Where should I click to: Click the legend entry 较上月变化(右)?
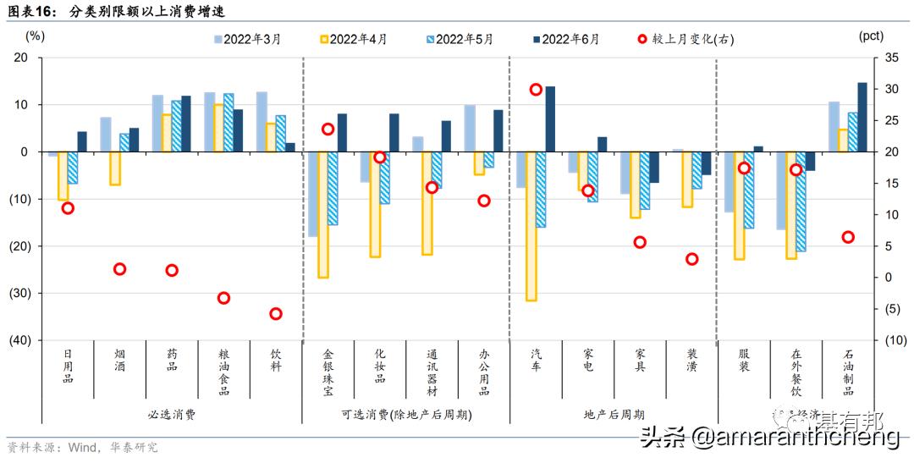tap(686, 39)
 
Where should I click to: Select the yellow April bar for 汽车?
tap(531, 226)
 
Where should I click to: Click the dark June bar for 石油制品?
tap(862, 117)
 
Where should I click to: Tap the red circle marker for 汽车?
tap(536, 90)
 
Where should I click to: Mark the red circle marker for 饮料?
tap(276, 313)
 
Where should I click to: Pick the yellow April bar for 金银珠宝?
tap(322, 214)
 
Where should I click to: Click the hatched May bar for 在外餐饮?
tap(801, 201)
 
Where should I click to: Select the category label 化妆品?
tap(380, 366)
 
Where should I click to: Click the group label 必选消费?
tap(171, 415)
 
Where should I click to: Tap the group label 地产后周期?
tap(614, 415)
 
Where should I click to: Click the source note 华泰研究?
tap(135, 448)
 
